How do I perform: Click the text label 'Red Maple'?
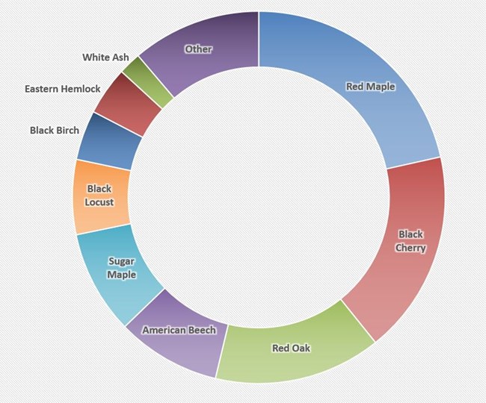click(x=370, y=87)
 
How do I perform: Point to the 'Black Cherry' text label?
click(x=410, y=241)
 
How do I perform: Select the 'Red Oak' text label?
click(x=291, y=348)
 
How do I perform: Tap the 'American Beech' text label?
click(x=179, y=330)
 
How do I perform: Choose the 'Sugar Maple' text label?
click(x=121, y=268)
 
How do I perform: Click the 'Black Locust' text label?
click(x=99, y=196)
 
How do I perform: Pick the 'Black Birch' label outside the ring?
click(x=55, y=130)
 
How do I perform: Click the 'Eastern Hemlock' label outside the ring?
click(x=62, y=89)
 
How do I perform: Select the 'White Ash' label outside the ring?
click(x=105, y=57)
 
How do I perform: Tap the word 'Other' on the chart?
click(x=198, y=49)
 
